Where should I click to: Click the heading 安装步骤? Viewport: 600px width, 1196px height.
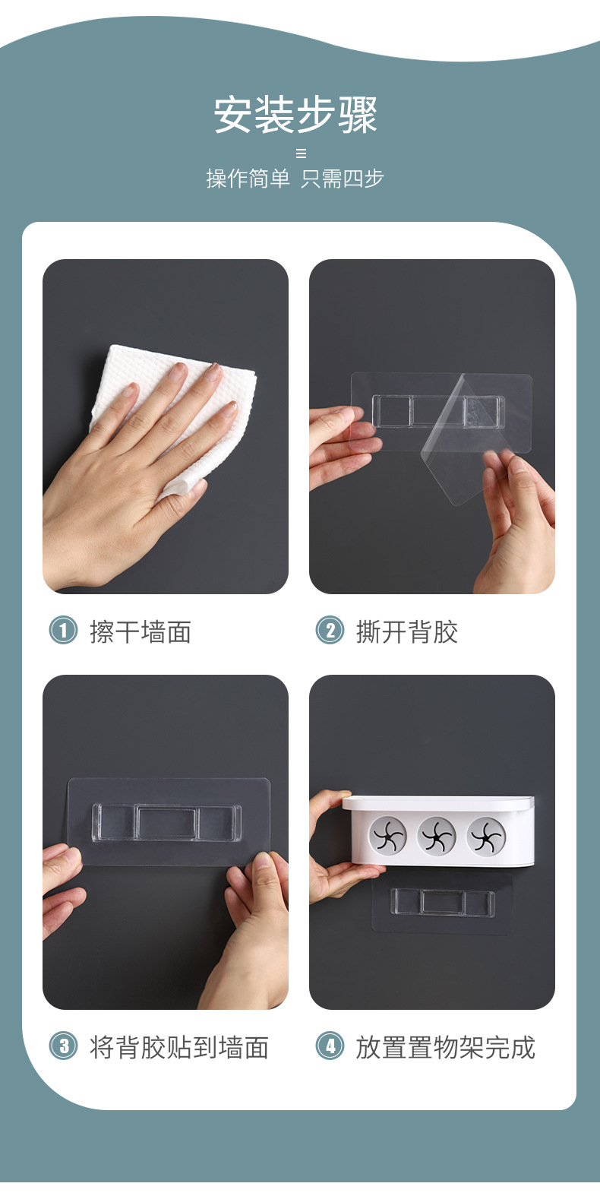295,114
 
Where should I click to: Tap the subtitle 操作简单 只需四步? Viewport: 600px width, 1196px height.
295,179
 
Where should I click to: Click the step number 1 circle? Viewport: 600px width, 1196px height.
64,630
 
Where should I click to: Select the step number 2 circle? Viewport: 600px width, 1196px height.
330,630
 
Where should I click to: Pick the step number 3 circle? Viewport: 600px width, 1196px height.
64,1046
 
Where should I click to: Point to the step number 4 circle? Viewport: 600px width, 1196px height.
330,1046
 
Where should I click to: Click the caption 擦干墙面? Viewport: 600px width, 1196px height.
141,631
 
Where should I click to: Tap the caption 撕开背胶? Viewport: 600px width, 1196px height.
407,631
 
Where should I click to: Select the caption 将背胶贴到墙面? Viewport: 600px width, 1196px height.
179,1047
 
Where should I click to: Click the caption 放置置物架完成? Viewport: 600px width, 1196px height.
446,1047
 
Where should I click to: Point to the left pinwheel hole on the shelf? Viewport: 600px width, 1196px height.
388,835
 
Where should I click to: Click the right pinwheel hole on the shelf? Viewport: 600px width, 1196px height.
486,835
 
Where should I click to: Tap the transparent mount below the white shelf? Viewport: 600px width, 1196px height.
442,903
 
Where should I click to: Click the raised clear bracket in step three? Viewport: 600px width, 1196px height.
166,822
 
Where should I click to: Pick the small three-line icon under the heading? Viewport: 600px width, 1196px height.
301,153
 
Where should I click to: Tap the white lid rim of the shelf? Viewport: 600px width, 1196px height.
437,801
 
